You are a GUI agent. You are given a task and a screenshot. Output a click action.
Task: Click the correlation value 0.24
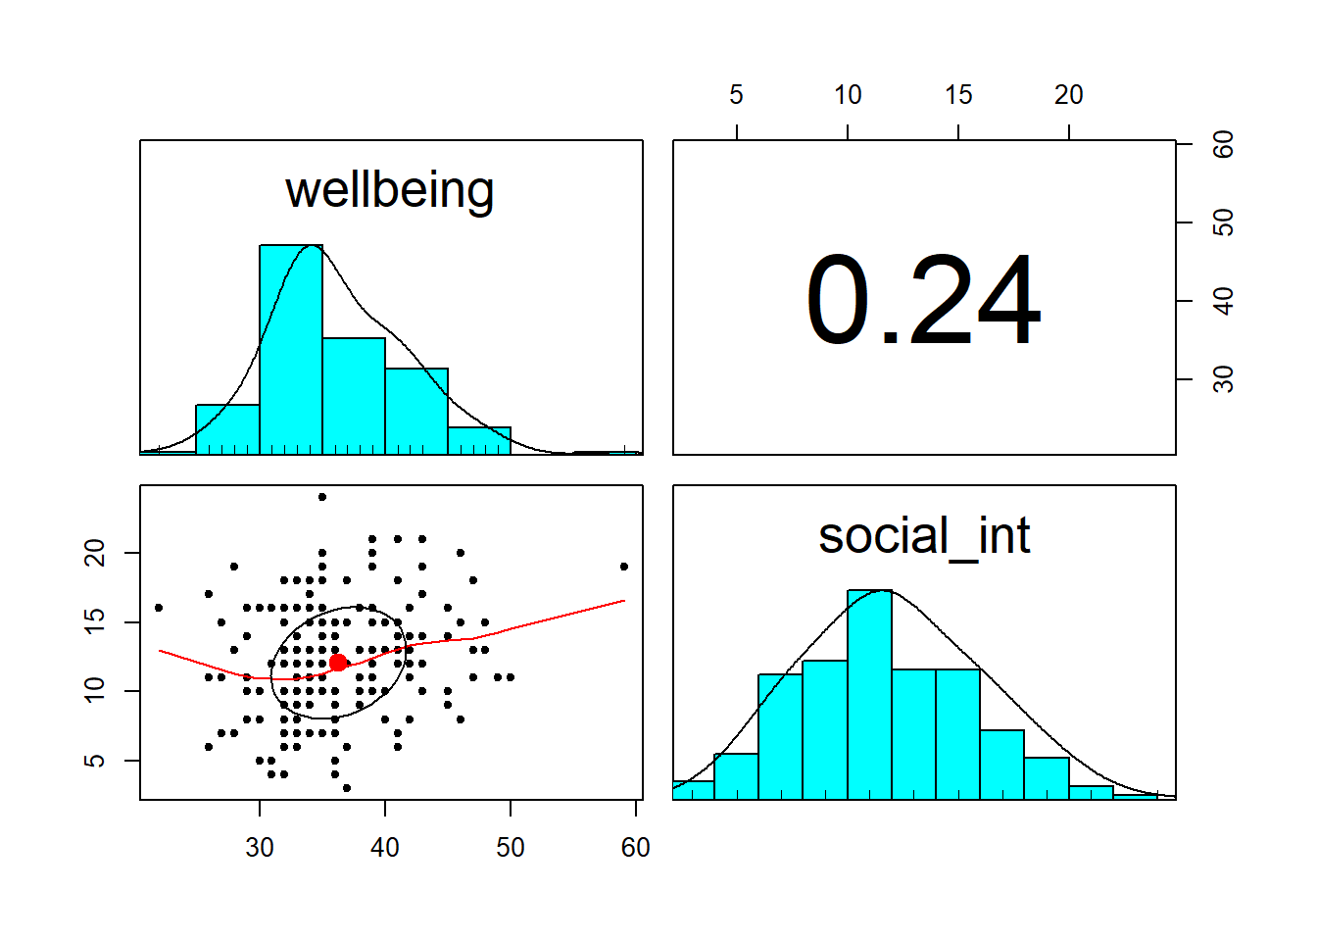tap(923, 301)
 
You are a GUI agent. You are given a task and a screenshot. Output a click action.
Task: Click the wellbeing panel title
tap(390, 190)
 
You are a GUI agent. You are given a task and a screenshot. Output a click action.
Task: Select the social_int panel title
tap(924, 536)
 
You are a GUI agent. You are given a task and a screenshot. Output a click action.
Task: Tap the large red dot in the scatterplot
tap(338, 663)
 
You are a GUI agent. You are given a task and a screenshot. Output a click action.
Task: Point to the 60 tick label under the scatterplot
tap(635, 847)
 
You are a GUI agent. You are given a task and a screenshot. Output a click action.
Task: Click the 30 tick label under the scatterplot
tap(260, 847)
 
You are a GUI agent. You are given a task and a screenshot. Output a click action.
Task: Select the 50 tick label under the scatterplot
tap(510, 847)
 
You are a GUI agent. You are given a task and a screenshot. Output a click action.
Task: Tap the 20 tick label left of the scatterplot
tap(95, 553)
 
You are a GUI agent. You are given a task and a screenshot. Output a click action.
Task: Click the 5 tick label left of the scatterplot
tap(95, 761)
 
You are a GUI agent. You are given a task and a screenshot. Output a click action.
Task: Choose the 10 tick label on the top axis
tap(848, 95)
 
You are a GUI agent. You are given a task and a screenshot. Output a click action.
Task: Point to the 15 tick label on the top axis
tap(958, 95)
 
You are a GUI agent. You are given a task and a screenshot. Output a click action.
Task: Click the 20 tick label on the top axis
tap(1068, 95)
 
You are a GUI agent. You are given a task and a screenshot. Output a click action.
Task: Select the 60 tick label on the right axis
tap(1222, 145)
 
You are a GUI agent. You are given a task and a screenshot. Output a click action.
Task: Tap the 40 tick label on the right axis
tap(1222, 301)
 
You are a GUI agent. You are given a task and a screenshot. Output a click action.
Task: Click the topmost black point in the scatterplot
tap(322, 497)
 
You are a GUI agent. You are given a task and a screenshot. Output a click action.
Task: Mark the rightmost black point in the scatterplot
tap(624, 567)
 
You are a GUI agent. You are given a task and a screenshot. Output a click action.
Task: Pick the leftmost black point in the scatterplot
tap(159, 608)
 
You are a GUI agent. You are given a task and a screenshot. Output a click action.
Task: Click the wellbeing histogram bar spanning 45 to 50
tap(479, 441)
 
